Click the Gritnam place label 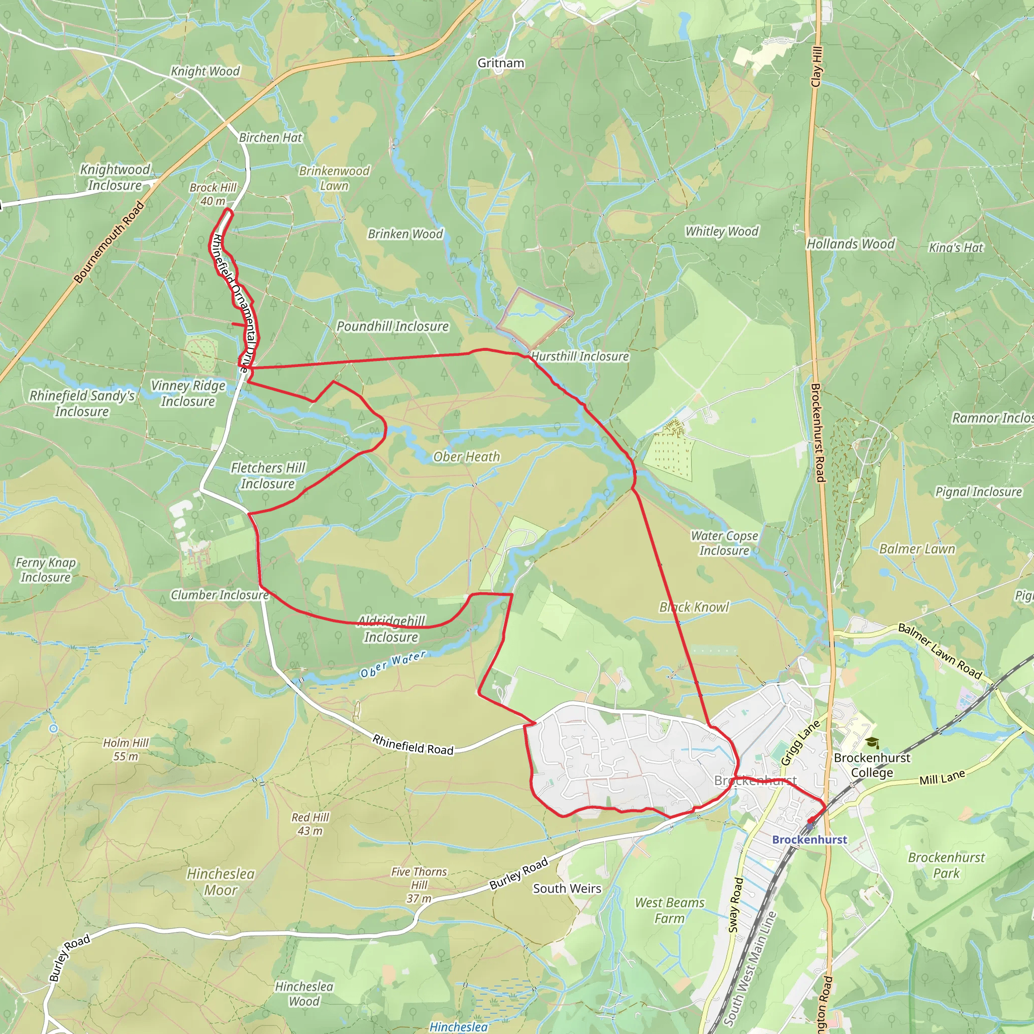pos(500,63)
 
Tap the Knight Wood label pos(205,71)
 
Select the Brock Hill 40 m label pos(213,194)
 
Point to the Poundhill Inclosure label pos(392,327)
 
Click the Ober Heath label pos(466,456)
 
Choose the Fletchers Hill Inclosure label pos(268,476)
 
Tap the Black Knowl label pos(694,607)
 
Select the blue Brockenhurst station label pos(809,839)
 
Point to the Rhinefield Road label pos(412,745)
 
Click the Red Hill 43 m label pos(310,824)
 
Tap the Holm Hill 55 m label pos(126,749)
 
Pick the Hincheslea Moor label pos(221,882)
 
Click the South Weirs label pos(567,889)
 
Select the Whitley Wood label pos(721,231)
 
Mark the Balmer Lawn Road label pos(939,651)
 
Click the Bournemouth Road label pos(109,242)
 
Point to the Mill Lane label pos(942,777)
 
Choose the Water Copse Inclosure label pos(724,543)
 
